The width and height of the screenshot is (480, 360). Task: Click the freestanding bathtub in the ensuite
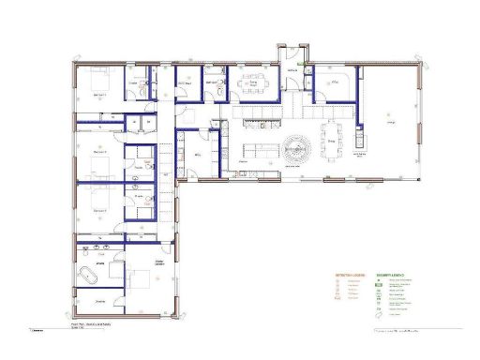(x=88, y=276)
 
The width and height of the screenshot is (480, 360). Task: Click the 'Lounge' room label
(x=391, y=121)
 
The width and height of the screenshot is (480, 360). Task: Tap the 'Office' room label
(x=333, y=82)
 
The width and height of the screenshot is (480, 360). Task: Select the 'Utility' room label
(x=198, y=156)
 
